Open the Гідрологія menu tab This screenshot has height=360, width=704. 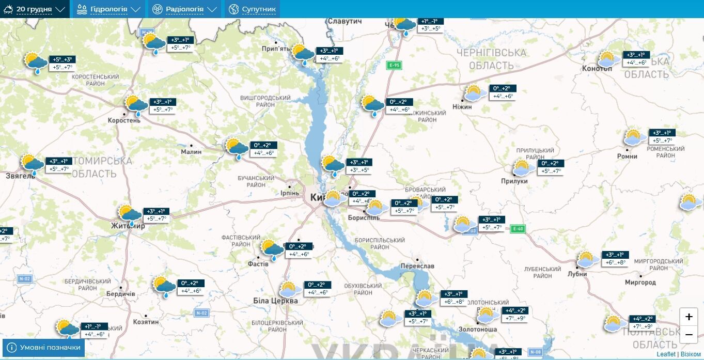pyautogui.click(x=108, y=9)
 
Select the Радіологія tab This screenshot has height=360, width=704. pyautogui.click(x=184, y=9)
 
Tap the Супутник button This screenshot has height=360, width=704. pyautogui.click(x=252, y=9)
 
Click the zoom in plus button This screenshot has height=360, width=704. pyautogui.click(x=689, y=317)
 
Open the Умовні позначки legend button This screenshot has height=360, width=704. pyautogui.click(x=44, y=348)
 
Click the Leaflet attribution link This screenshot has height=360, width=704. pyautogui.click(x=666, y=354)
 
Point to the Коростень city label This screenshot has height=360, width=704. pyautogui.click(x=124, y=120)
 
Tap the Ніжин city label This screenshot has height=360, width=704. pyautogui.click(x=462, y=106)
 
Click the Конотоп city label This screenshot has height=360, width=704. pyautogui.click(x=597, y=68)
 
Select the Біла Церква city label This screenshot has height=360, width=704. pyautogui.click(x=275, y=301)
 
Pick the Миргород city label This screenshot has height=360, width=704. pyautogui.click(x=640, y=283)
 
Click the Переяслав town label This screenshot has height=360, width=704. pyautogui.click(x=417, y=266)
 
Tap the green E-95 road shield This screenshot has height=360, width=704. pyautogui.click(x=394, y=65)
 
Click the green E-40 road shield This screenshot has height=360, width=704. pyautogui.click(x=517, y=229)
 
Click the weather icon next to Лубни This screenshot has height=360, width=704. pyautogui.click(x=586, y=259)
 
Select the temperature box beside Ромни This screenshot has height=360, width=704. pyautogui.click(x=662, y=136)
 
